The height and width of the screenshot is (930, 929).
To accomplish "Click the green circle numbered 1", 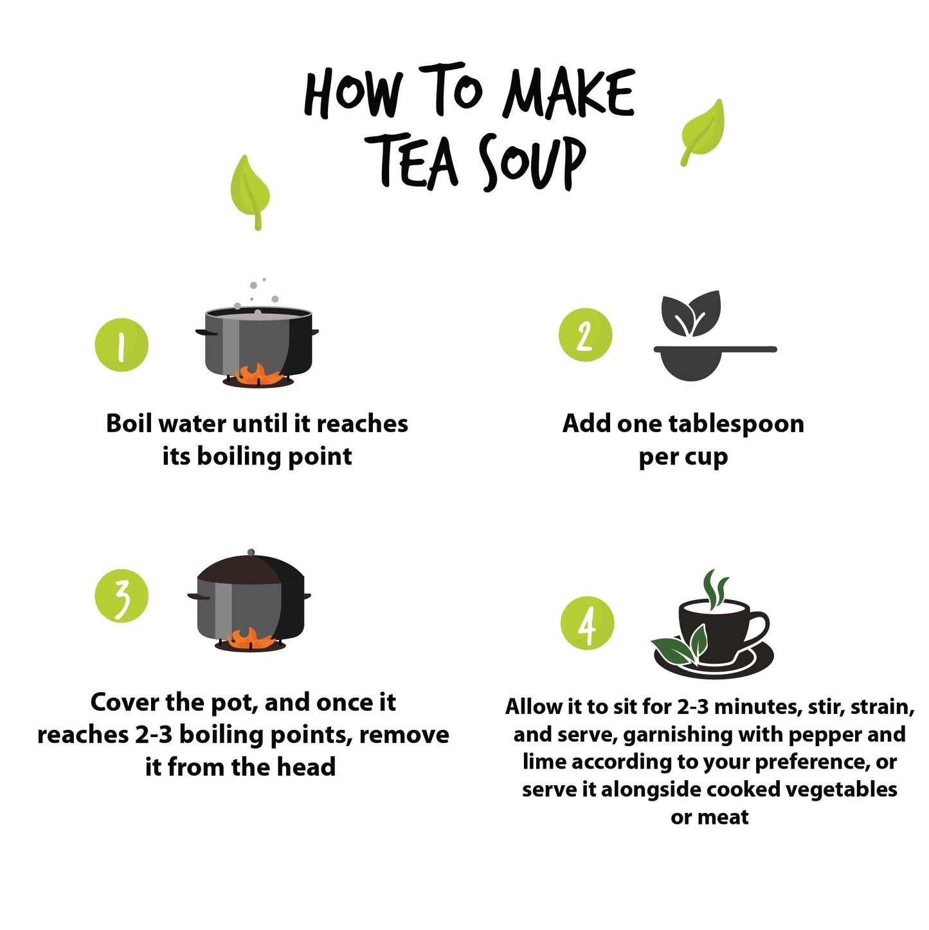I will tap(122, 345).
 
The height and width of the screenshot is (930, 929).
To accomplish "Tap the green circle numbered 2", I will tap(585, 334).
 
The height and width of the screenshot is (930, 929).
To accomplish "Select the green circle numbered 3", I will tap(122, 596).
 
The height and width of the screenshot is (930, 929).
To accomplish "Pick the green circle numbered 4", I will tap(587, 623).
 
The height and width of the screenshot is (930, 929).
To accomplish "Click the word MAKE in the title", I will tap(568, 94).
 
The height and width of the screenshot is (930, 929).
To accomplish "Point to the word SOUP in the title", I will tap(532, 162).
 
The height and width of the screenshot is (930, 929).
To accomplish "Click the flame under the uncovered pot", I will tap(258, 374).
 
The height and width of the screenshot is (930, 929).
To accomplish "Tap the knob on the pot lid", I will tap(251, 552).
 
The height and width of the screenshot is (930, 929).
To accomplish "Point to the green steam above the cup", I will tap(715, 588).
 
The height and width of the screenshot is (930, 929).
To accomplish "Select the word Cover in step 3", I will tap(124, 702).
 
